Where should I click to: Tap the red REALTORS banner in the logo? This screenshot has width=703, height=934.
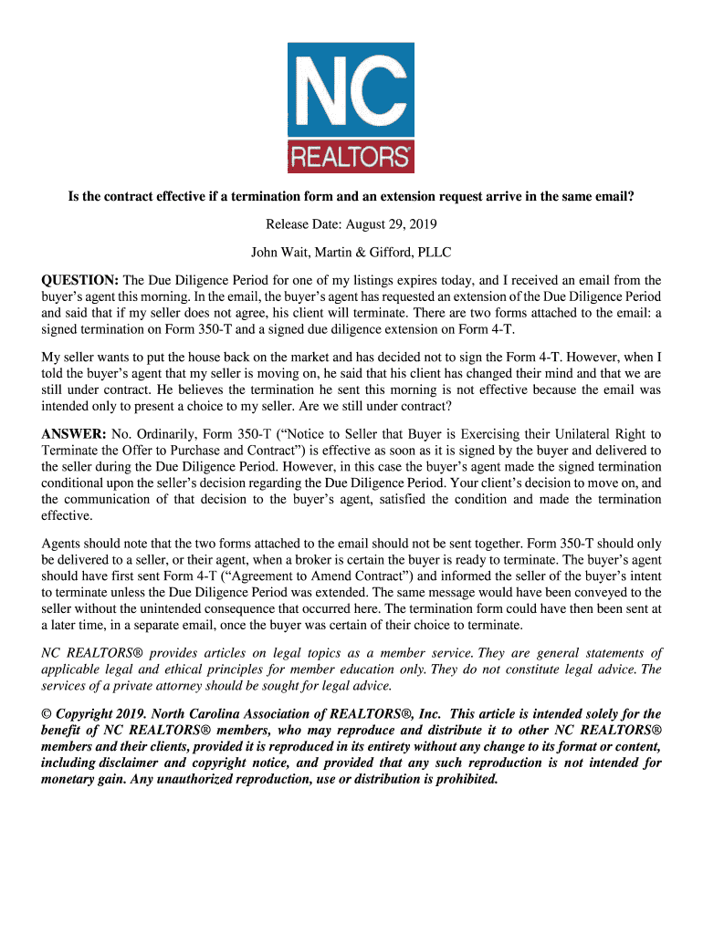(351, 157)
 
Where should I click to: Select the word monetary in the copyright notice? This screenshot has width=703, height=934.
(76, 780)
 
